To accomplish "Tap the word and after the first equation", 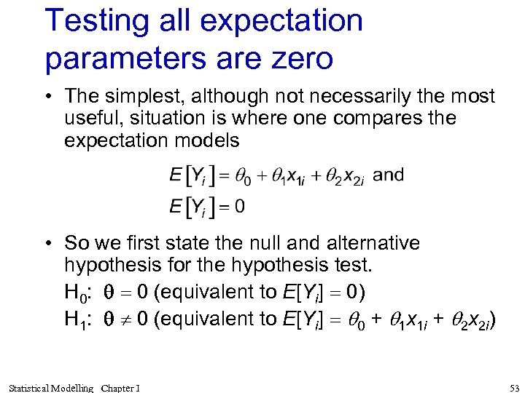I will click(388, 175).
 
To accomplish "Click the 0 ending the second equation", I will click(239, 206).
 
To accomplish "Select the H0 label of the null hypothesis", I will click(76, 293).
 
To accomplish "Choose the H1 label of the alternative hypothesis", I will click(76, 319).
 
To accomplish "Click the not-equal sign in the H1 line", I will click(120, 319).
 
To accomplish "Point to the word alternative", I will click(359, 242).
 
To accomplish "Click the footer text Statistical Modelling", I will click(52, 388).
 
